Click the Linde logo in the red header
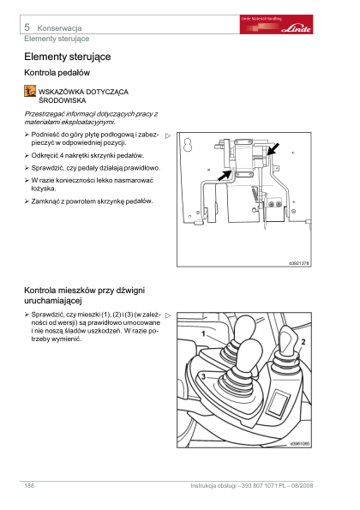[296, 28]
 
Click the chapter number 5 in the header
[27, 27]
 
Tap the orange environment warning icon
[30, 91]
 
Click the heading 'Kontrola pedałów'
[57, 73]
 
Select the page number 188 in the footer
[29, 486]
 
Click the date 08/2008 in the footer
[302, 486]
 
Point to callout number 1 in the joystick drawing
[204, 334]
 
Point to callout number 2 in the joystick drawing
[303, 342]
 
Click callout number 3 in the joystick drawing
[204, 376]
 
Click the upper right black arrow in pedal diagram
[273, 149]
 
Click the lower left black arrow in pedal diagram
[224, 176]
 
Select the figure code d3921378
[299, 263]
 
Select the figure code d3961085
[299, 444]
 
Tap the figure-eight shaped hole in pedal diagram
[188, 145]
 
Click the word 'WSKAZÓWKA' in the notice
[61, 92]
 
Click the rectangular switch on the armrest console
[278, 404]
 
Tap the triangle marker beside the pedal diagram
[168, 136]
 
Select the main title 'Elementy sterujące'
[68, 57]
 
